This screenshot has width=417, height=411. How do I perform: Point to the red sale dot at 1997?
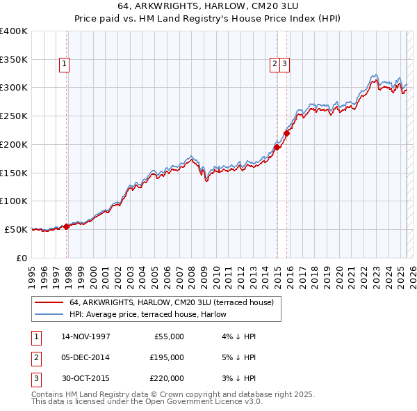click(67, 226)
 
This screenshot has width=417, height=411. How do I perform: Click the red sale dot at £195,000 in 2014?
click(277, 147)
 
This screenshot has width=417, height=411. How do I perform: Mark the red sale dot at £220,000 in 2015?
click(287, 133)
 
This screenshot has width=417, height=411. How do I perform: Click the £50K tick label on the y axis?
click(16, 229)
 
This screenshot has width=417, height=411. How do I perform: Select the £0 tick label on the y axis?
click(21, 258)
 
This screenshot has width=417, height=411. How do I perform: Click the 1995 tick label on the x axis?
click(32, 275)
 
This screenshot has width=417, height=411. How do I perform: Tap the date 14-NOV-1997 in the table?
click(85, 336)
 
